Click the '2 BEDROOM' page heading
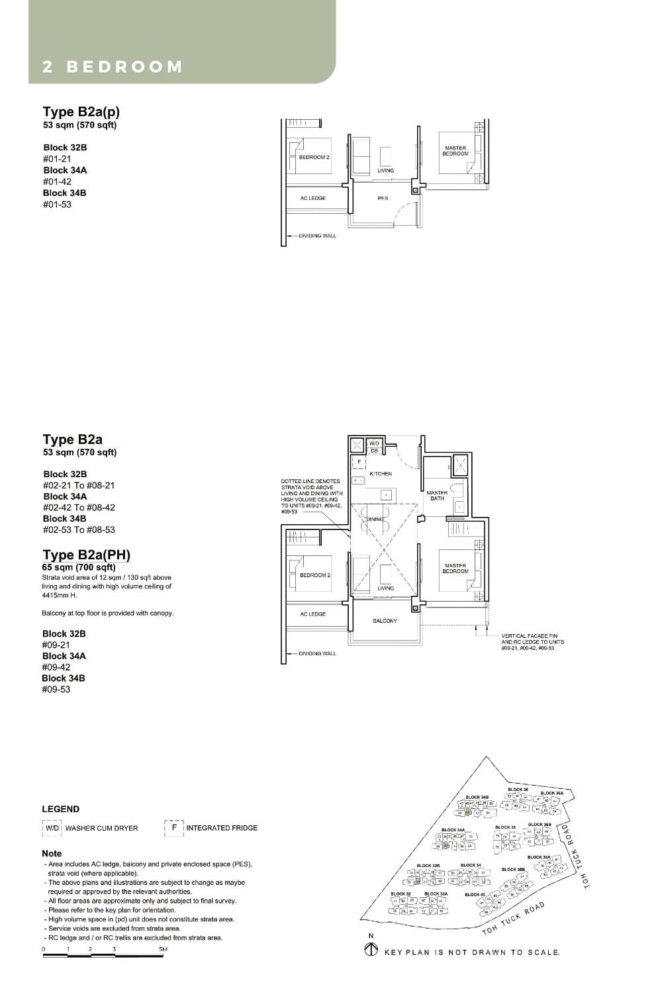point(112,67)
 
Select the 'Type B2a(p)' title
point(81,111)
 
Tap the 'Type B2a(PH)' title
point(86,555)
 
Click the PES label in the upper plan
point(382,199)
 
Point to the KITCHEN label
point(381,474)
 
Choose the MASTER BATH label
point(437,495)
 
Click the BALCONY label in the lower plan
point(385,621)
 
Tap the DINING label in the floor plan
point(376,519)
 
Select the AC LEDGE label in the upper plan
point(312,199)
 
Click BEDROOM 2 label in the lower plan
point(314,575)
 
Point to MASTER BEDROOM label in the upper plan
point(455,151)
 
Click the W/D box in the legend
point(52,828)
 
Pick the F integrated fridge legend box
point(174,827)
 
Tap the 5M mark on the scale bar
point(163,949)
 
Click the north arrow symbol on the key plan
point(371,950)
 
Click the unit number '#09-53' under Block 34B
point(56,689)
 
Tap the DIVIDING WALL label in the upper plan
point(317,236)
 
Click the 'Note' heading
point(52,853)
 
